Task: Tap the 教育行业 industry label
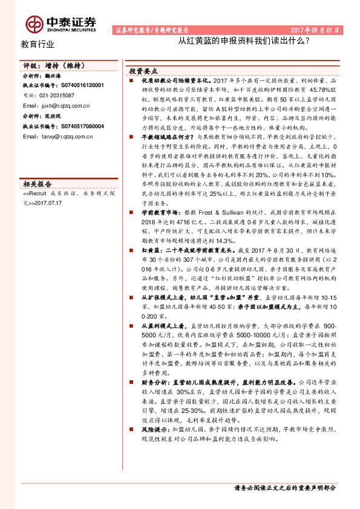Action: point(38,44)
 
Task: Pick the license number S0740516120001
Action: point(74,86)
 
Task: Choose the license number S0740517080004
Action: point(74,126)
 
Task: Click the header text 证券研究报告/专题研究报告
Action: point(151,30)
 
